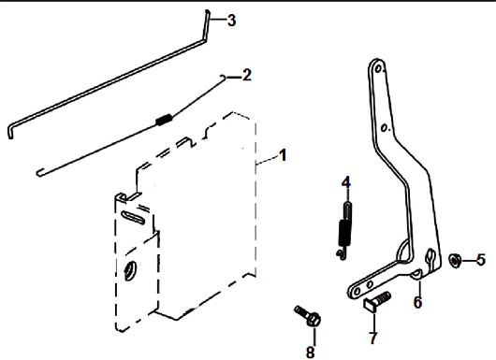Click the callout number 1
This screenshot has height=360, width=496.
pos(283,155)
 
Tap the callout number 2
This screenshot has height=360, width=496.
pos(247,75)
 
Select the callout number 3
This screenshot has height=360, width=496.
pos(231,21)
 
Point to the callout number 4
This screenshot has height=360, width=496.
pos(346,182)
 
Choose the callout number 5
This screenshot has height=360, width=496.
pos(481,260)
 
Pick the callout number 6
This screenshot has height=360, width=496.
pos(418,302)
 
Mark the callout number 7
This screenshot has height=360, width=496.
pos(373,338)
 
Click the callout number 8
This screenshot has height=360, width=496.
pos(311,352)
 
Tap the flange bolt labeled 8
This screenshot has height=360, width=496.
pos(308,315)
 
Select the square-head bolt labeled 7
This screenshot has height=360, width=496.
pos(377,302)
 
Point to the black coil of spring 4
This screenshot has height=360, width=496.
pos(343,233)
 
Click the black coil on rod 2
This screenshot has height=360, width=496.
pos(164,119)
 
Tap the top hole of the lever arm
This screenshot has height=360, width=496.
pos(377,67)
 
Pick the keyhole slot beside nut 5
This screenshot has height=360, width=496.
pos(430,256)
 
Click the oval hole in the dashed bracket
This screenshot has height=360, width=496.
pos(129,269)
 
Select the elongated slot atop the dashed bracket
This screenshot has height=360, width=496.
pos(133,217)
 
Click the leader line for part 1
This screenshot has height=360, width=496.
pos(267,159)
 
